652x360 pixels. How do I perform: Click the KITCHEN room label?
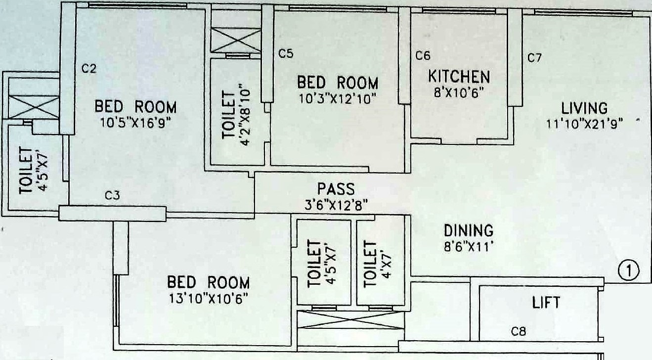tap(459, 77)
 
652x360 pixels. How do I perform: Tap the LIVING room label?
tap(584, 108)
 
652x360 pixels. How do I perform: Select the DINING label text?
tap(468, 230)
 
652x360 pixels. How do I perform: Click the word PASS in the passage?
tap(336, 189)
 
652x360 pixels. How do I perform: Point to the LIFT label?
tap(546, 302)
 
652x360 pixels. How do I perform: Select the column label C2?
tap(88, 69)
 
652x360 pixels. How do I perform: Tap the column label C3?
tap(112, 196)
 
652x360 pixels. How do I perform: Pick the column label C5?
tap(286, 54)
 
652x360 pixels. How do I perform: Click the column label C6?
tap(423, 55)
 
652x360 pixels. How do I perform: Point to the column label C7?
tap(534, 58)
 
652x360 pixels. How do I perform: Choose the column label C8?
tap(518, 332)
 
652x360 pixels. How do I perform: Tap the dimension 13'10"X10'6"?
tap(208, 299)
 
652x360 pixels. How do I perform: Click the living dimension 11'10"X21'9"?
tap(584, 123)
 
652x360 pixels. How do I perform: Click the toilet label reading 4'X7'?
tap(379, 264)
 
